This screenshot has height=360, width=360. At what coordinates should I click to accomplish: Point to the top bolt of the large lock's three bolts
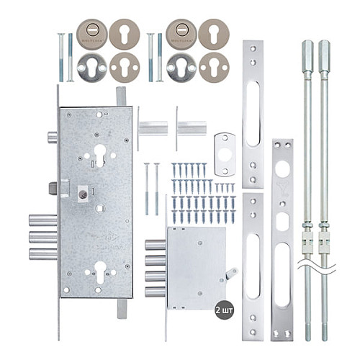pos(43,220)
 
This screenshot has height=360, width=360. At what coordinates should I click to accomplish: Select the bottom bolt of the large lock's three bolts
pos(43,253)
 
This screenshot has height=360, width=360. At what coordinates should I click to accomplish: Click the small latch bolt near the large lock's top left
pos(52,137)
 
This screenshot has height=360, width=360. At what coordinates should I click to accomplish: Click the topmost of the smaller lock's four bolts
pos(155,245)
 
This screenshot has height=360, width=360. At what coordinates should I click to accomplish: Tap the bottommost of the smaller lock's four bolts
pos(155,292)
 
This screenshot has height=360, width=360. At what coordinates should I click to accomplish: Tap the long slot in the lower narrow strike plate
pos(253,266)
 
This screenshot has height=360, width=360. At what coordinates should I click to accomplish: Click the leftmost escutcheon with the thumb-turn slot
pos(91,33)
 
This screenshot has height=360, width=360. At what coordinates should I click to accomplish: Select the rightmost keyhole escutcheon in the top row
pos(214,33)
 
